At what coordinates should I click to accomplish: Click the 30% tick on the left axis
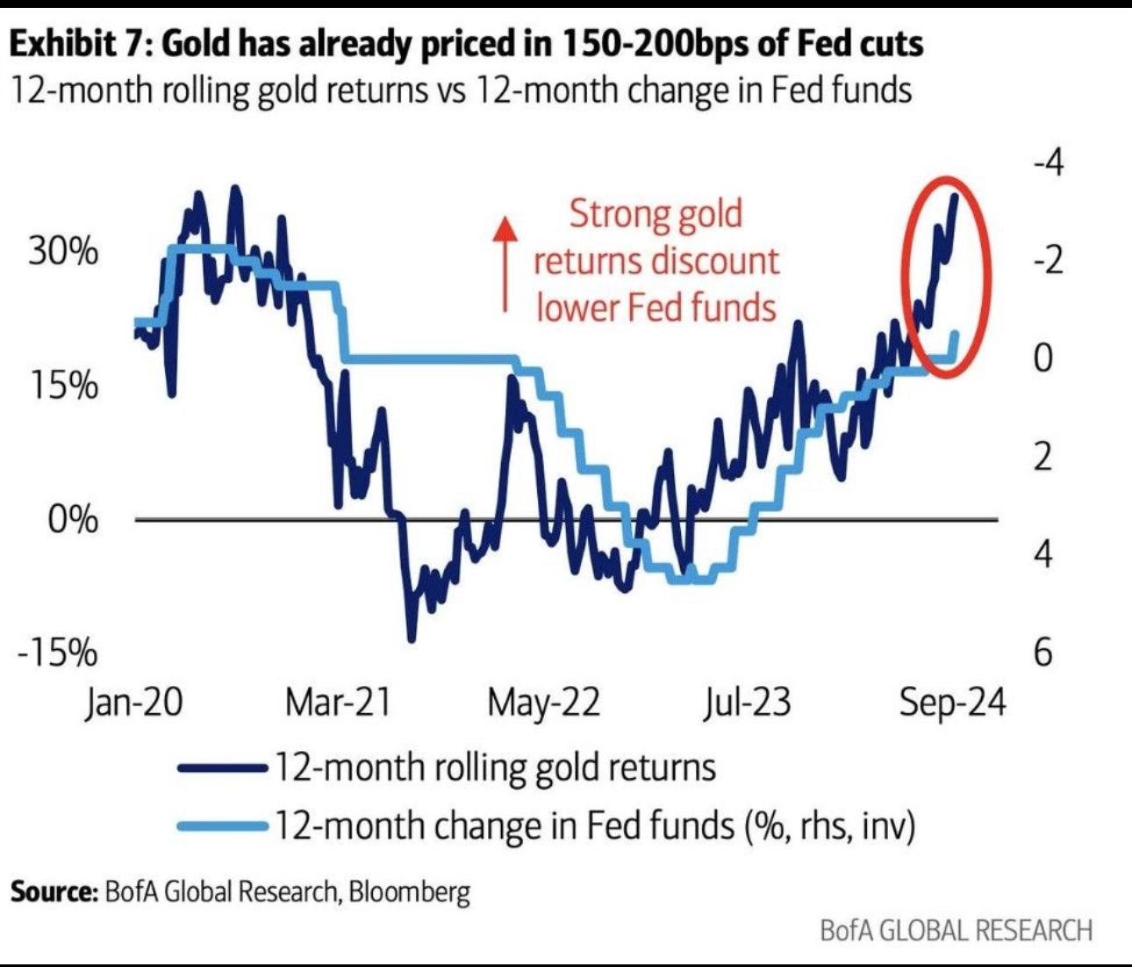[63, 252]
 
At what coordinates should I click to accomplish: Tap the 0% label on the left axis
[73, 519]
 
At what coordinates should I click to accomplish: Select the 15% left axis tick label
[63, 385]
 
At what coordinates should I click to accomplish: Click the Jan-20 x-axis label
[134, 703]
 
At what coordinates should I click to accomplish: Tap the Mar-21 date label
[338, 703]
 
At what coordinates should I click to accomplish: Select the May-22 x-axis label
[544, 703]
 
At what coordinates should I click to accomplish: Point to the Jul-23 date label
[747, 703]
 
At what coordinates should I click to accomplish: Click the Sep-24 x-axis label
[952, 703]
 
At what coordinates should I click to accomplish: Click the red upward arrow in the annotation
[505, 263]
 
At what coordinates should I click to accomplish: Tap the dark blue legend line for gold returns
[223, 768]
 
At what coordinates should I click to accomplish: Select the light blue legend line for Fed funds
[223, 826]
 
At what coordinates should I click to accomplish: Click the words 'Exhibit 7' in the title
[78, 43]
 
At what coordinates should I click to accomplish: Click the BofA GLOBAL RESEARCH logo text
[956, 930]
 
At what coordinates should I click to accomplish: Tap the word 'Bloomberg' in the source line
[409, 891]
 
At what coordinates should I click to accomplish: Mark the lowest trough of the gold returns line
[411, 639]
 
